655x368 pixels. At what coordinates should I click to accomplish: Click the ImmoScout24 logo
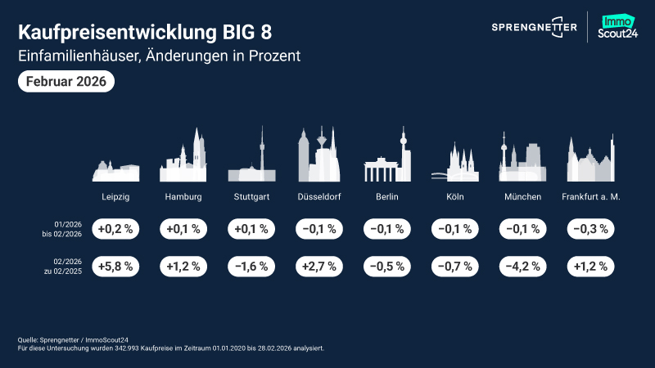coord(621,27)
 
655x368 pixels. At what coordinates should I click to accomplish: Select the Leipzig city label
coord(115,197)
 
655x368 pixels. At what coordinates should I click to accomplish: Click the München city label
coord(523,197)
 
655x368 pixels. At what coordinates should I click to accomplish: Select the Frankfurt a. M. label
coord(591,197)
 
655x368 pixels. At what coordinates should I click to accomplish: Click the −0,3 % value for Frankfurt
coord(591,229)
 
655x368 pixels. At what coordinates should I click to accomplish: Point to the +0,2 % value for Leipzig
coord(115,229)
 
